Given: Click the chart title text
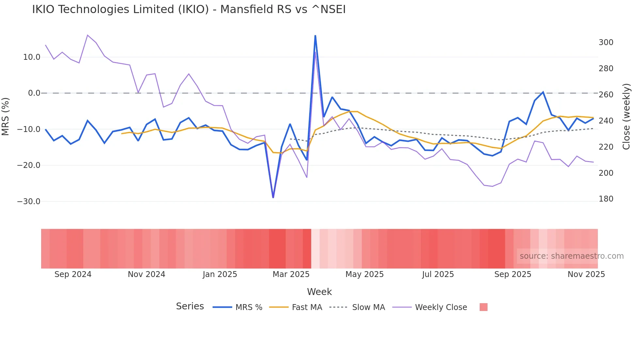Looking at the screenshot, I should pos(189,9).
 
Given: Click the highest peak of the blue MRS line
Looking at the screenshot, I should pos(315,36).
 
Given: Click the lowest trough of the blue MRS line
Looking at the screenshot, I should pos(273,197).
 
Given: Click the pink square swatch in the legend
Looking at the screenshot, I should pos(483,307).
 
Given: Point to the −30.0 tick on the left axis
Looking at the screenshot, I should pos(29,202).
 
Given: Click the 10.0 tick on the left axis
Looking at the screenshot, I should pos(32,57).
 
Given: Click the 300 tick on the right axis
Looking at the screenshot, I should pos(606,42).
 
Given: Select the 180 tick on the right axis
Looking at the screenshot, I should pos(606,199).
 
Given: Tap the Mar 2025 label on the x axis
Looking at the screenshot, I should pos(291,274).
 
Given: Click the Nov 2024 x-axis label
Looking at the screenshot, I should pos(146,274).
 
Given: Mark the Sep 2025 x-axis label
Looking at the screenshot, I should pos(513,274).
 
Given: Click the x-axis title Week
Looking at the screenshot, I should pos(319,292).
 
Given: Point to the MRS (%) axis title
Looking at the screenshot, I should pos(6,116).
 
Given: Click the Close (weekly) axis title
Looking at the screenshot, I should pos(626,116).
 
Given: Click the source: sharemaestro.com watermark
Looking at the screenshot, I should pos(571,256).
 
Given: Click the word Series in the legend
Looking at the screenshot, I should pos(190,306).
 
